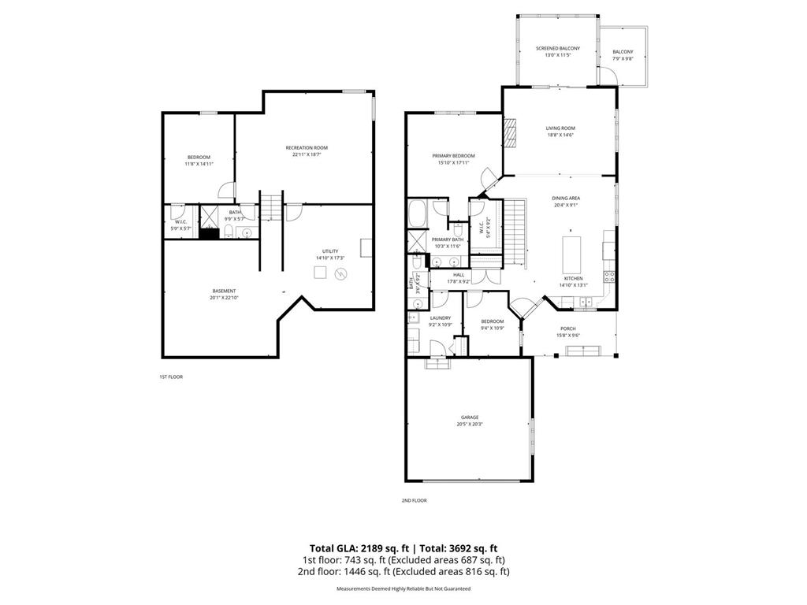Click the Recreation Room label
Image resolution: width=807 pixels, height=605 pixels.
pyautogui.click(x=307, y=148)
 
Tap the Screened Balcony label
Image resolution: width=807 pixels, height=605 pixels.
pyautogui.click(x=558, y=49)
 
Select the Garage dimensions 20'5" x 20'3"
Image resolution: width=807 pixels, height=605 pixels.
pyautogui.click(x=469, y=425)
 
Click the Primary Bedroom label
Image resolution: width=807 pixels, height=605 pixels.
pyautogui.click(x=453, y=156)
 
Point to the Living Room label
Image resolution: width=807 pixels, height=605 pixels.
pyautogui.click(x=560, y=128)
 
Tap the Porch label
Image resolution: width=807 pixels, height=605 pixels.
pyautogui.click(x=568, y=328)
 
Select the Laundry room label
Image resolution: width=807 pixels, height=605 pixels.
pyautogui.click(x=440, y=317)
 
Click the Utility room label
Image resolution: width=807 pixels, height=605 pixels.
pyautogui.click(x=329, y=251)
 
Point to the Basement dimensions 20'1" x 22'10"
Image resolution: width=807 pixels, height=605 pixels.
pyautogui.click(x=223, y=298)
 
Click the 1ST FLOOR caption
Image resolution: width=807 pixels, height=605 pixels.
pyautogui.click(x=171, y=377)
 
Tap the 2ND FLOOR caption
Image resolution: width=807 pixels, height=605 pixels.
pyautogui.click(x=414, y=500)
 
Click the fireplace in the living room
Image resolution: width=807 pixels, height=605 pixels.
pyautogui.click(x=510, y=132)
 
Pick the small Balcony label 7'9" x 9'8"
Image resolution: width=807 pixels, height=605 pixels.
pyautogui.click(x=623, y=53)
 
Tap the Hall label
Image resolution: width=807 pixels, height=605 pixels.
pyautogui.click(x=458, y=275)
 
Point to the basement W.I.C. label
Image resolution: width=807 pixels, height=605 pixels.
pyautogui.click(x=180, y=222)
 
